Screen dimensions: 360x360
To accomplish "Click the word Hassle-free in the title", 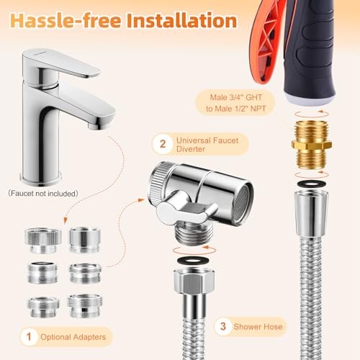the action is (66, 20).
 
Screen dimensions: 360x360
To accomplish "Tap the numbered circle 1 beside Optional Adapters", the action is (29, 337).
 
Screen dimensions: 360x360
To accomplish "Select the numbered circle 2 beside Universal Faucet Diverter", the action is (163, 144).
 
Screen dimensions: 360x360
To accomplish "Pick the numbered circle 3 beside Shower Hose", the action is (223, 326).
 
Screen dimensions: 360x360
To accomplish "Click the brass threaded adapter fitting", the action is (312, 145).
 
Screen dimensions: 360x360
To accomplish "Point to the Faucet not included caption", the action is (43, 194).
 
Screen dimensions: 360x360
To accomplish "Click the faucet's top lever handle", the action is (60, 63).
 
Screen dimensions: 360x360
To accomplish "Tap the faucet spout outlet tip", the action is (99, 126).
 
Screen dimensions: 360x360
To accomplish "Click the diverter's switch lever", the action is (186, 211).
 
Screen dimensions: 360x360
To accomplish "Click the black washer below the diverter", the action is (194, 261).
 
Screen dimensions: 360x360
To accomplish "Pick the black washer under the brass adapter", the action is (312, 184).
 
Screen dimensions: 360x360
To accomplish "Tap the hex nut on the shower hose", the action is (194, 281).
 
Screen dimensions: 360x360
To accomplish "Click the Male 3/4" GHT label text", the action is (236, 97).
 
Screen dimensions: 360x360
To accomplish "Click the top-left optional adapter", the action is (43, 240).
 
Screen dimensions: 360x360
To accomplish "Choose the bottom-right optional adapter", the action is (85, 306).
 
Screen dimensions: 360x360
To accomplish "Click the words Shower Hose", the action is (258, 327).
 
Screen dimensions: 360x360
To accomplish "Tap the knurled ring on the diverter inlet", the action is (156, 184).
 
